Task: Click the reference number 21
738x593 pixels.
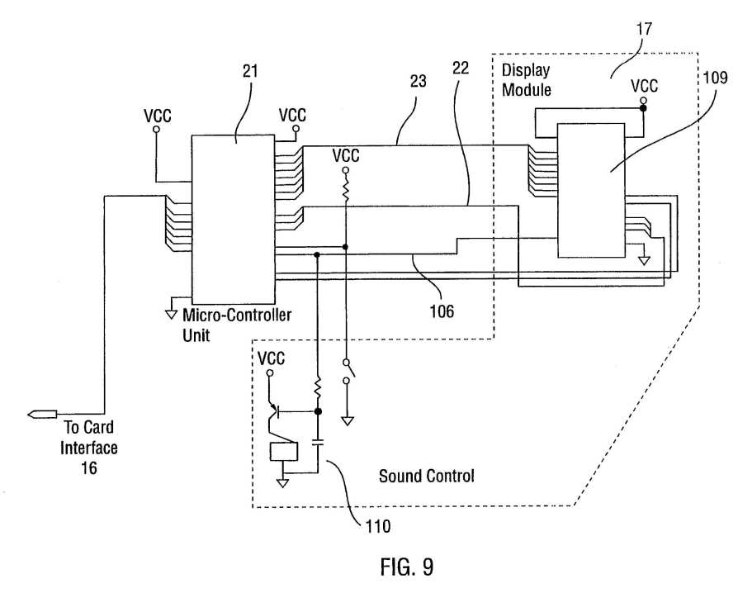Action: (250, 71)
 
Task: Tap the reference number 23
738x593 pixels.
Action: (418, 82)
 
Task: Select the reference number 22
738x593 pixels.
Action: (461, 69)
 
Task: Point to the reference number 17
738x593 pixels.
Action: (644, 29)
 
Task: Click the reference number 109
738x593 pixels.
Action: (715, 78)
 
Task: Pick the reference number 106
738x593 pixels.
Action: (442, 311)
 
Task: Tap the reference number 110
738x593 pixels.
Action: (378, 526)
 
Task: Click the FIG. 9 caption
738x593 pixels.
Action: (407, 567)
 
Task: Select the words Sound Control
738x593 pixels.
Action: (427, 477)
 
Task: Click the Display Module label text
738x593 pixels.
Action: (526, 80)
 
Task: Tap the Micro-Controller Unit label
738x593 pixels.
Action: (237, 325)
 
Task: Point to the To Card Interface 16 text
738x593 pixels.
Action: (89, 448)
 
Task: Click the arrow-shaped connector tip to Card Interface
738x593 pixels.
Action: (42, 415)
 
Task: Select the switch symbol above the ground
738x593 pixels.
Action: (348, 371)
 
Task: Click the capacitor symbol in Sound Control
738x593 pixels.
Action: (318, 443)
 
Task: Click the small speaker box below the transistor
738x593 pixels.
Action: (283, 452)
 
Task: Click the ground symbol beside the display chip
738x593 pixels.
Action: (644, 260)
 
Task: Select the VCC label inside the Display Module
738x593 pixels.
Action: (644, 87)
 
